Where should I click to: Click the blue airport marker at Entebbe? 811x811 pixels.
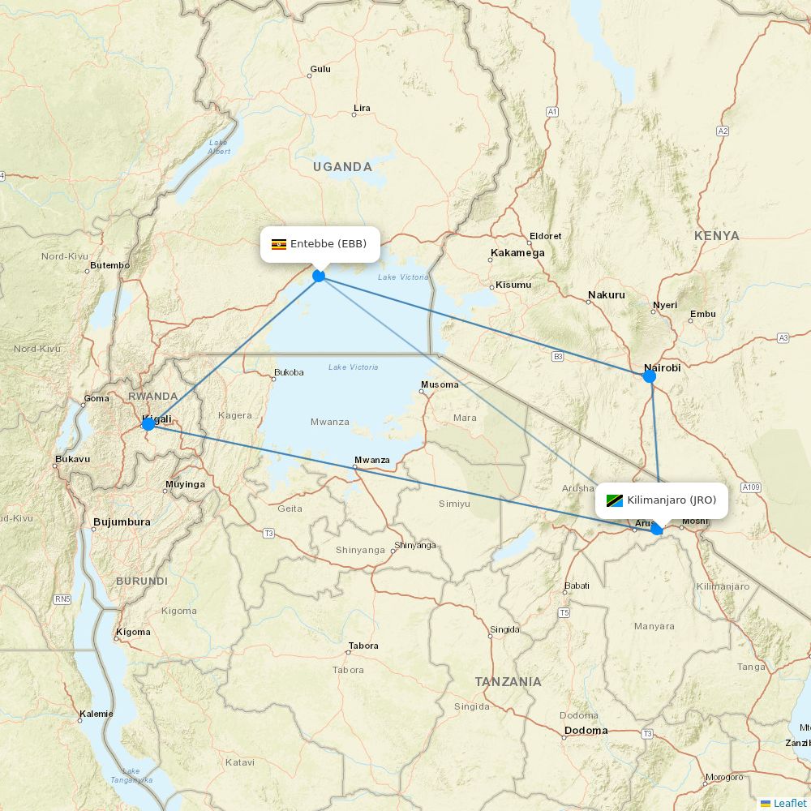pos(319,276)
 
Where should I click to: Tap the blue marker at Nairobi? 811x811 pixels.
pos(649,375)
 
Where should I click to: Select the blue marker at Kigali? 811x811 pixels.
pos(148,423)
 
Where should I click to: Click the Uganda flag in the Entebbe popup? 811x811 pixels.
pos(278,244)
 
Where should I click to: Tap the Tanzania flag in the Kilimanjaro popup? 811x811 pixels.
pos(614,500)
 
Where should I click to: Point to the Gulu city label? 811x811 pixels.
pos(320,69)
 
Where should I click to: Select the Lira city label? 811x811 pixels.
pos(362,109)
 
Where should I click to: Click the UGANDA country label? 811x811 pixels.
pos(342,167)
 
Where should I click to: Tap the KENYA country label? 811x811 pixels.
pos(716,236)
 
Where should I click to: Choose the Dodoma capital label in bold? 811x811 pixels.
pos(586,731)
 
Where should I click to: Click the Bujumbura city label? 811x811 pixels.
pos(122,522)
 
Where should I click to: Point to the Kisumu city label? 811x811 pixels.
pos(513,285)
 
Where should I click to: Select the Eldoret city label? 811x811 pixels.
pos(545,236)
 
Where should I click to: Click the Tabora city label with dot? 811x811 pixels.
pos(363,646)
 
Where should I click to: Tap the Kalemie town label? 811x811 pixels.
pos(97,714)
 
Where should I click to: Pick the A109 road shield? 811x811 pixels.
pos(751,487)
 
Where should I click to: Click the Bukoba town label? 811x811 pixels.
pos(289,373)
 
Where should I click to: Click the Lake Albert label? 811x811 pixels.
pos(218,147)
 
